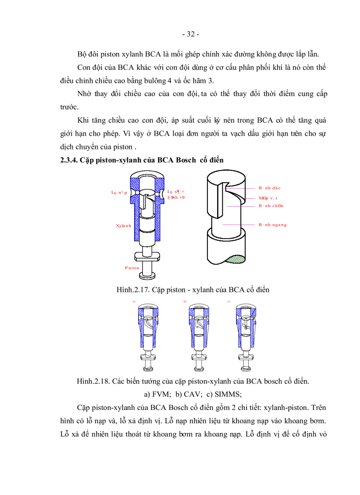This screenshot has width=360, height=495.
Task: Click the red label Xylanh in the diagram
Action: pos(124,226)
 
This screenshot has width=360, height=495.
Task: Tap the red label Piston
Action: pos(132,268)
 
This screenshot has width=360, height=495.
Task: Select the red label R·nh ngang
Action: pos(273,224)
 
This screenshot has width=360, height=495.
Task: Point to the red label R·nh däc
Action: pos(270,188)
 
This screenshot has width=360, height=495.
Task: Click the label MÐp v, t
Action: pos(268,198)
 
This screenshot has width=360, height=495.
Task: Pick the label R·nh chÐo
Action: pos(271,206)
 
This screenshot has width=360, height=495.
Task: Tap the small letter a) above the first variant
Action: pos(134,301)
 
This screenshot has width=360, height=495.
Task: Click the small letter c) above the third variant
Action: pos(229,301)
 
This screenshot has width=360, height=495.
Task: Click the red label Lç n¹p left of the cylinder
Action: pos(119,193)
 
